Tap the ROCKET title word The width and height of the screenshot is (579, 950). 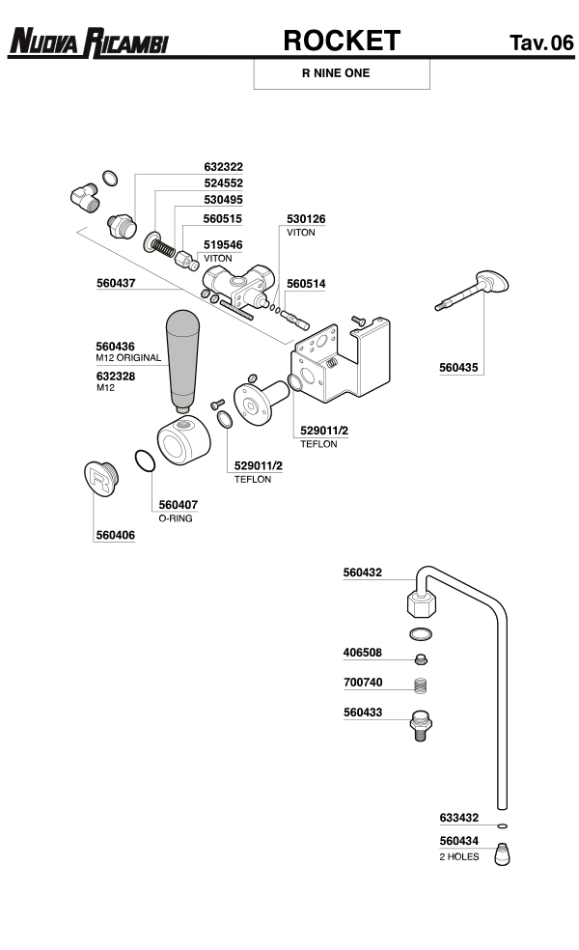pyautogui.click(x=341, y=40)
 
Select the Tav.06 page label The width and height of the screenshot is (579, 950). pyautogui.click(x=540, y=42)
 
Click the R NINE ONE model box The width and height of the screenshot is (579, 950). pyautogui.click(x=341, y=73)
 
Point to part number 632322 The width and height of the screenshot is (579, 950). pyautogui.click(x=223, y=166)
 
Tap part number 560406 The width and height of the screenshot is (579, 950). pyautogui.click(x=114, y=535)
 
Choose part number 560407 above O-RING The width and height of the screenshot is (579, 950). pyautogui.click(x=178, y=504)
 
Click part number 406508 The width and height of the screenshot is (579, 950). pyautogui.click(x=363, y=652)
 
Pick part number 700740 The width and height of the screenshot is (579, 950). pyautogui.click(x=363, y=683)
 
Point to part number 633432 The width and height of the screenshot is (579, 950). pyautogui.click(x=458, y=817)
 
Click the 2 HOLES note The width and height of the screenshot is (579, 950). pyautogui.click(x=458, y=856)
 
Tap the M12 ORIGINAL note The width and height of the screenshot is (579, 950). pyautogui.click(x=128, y=358)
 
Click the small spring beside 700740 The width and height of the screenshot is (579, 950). pyautogui.click(x=420, y=687)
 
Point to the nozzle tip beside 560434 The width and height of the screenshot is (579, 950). pyautogui.click(x=502, y=854)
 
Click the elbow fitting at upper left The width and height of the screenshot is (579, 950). pyautogui.click(x=85, y=199)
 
